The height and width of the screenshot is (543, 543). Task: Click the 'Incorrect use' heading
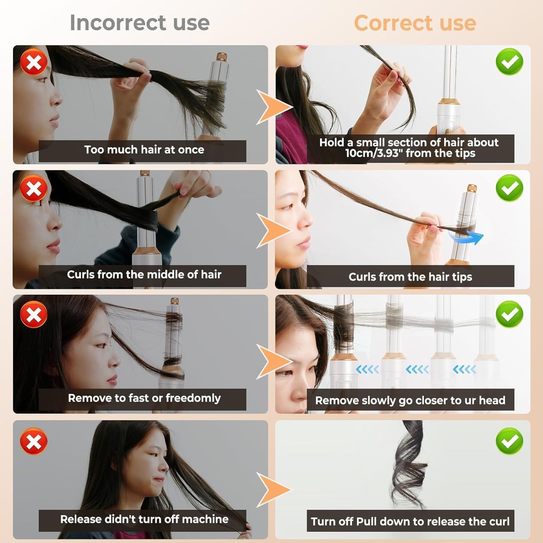point(139,23)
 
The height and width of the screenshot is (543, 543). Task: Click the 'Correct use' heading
point(415,23)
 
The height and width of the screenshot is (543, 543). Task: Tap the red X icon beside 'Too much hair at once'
point(34,62)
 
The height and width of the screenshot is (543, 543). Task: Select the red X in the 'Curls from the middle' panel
point(34,188)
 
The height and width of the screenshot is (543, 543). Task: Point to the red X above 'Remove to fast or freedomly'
point(34,314)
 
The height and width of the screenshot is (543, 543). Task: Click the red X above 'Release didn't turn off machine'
point(34,441)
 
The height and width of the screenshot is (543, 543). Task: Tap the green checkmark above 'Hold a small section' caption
point(509,62)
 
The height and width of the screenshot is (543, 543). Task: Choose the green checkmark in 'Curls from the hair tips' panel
point(509,188)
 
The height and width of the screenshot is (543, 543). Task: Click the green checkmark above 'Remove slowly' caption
point(509,314)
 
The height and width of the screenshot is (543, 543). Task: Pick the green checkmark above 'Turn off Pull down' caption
point(509,441)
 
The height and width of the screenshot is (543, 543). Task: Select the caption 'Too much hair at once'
point(144,150)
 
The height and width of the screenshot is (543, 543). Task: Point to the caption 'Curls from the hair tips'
point(410,277)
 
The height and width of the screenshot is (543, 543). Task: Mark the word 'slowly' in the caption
point(379,401)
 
